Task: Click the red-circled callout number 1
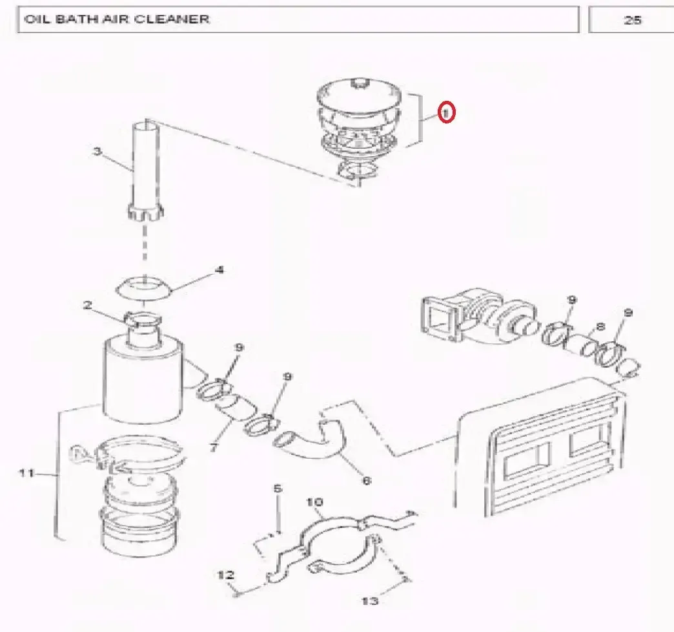pyautogui.click(x=446, y=112)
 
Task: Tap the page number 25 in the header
pyautogui.click(x=632, y=20)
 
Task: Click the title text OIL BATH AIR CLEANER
pyautogui.click(x=117, y=19)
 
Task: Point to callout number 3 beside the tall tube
pyautogui.click(x=97, y=151)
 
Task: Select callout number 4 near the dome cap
pyautogui.click(x=220, y=270)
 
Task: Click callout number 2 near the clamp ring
pyautogui.click(x=88, y=305)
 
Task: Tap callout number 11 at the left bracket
pyautogui.click(x=26, y=473)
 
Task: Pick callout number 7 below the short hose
pyautogui.click(x=214, y=447)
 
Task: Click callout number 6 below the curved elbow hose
pyautogui.click(x=366, y=480)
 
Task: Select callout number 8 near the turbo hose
pyautogui.click(x=600, y=326)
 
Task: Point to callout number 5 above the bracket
pyautogui.click(x=278, y=489)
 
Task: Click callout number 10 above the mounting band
pyautogui.click(x=314, y=502)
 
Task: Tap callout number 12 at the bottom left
pyautogui.click(x=226, y=574)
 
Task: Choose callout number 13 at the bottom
pyautogui.click(x=370, y=600)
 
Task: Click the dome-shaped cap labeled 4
pyautogui.click(x=144, y=288)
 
